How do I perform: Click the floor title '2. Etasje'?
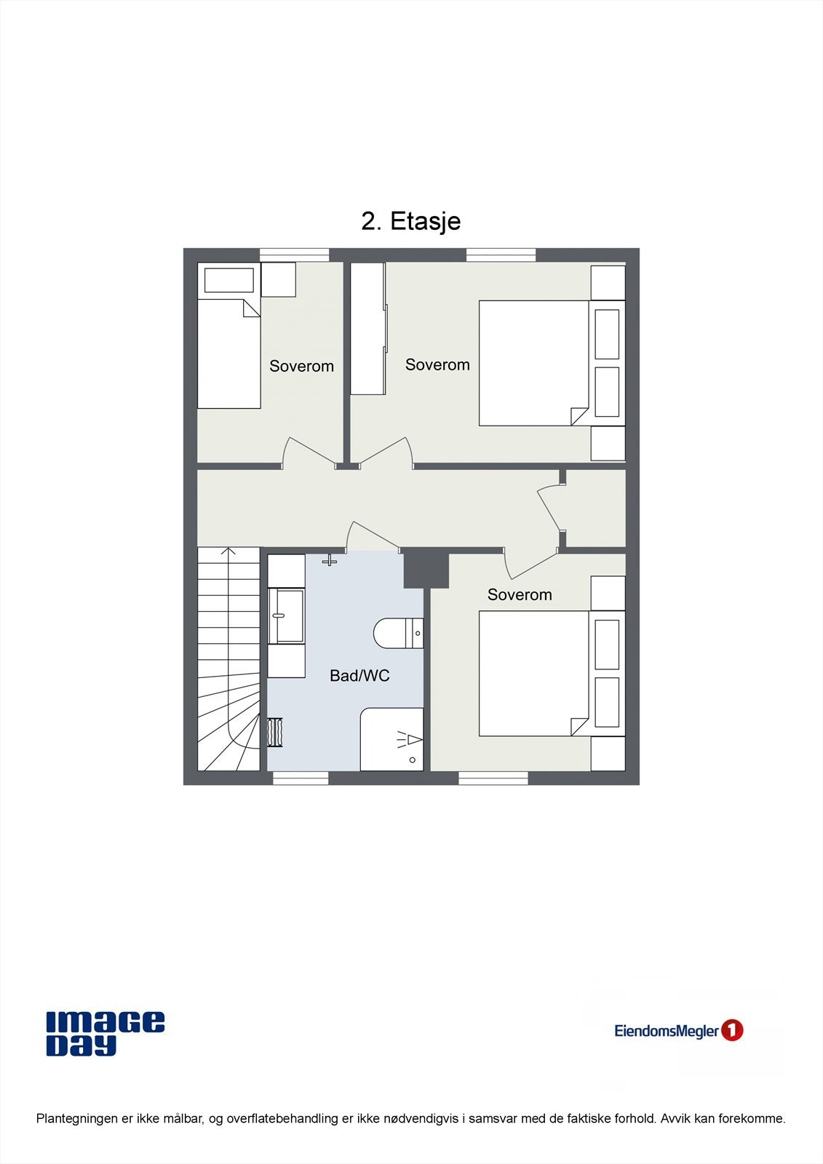pyautogui.click(x=411, y=221)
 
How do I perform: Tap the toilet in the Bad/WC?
pyautogui.click(x=397, y=633)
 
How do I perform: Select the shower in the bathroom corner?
pyautogui.click(x=392, y=739)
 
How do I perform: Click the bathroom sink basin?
pyautogui.click(x=286, y=616)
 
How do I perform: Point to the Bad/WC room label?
pyautogui.click(x=359, y=676)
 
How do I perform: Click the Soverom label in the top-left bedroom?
pyautogui.click(x=301, y=367)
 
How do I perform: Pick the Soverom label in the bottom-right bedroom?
pyautogui.click(x=520, y=595)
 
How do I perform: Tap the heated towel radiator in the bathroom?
pyautogui.click(x=275, y=733)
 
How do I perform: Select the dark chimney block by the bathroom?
pyautogui.click(x=426, y=570)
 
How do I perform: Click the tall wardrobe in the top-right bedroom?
pyautogui.click(x=368, y=329)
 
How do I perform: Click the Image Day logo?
pyautogui.click(x=105, y=1033)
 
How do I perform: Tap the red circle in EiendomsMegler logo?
pyautogui.click(x=731, y=1030)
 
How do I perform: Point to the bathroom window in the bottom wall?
pyautogui.click(x=301, y=778)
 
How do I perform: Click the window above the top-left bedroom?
pyautogui.click(x=294, y=255)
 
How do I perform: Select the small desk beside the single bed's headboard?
pyautogui.click(x=278, y=279)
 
